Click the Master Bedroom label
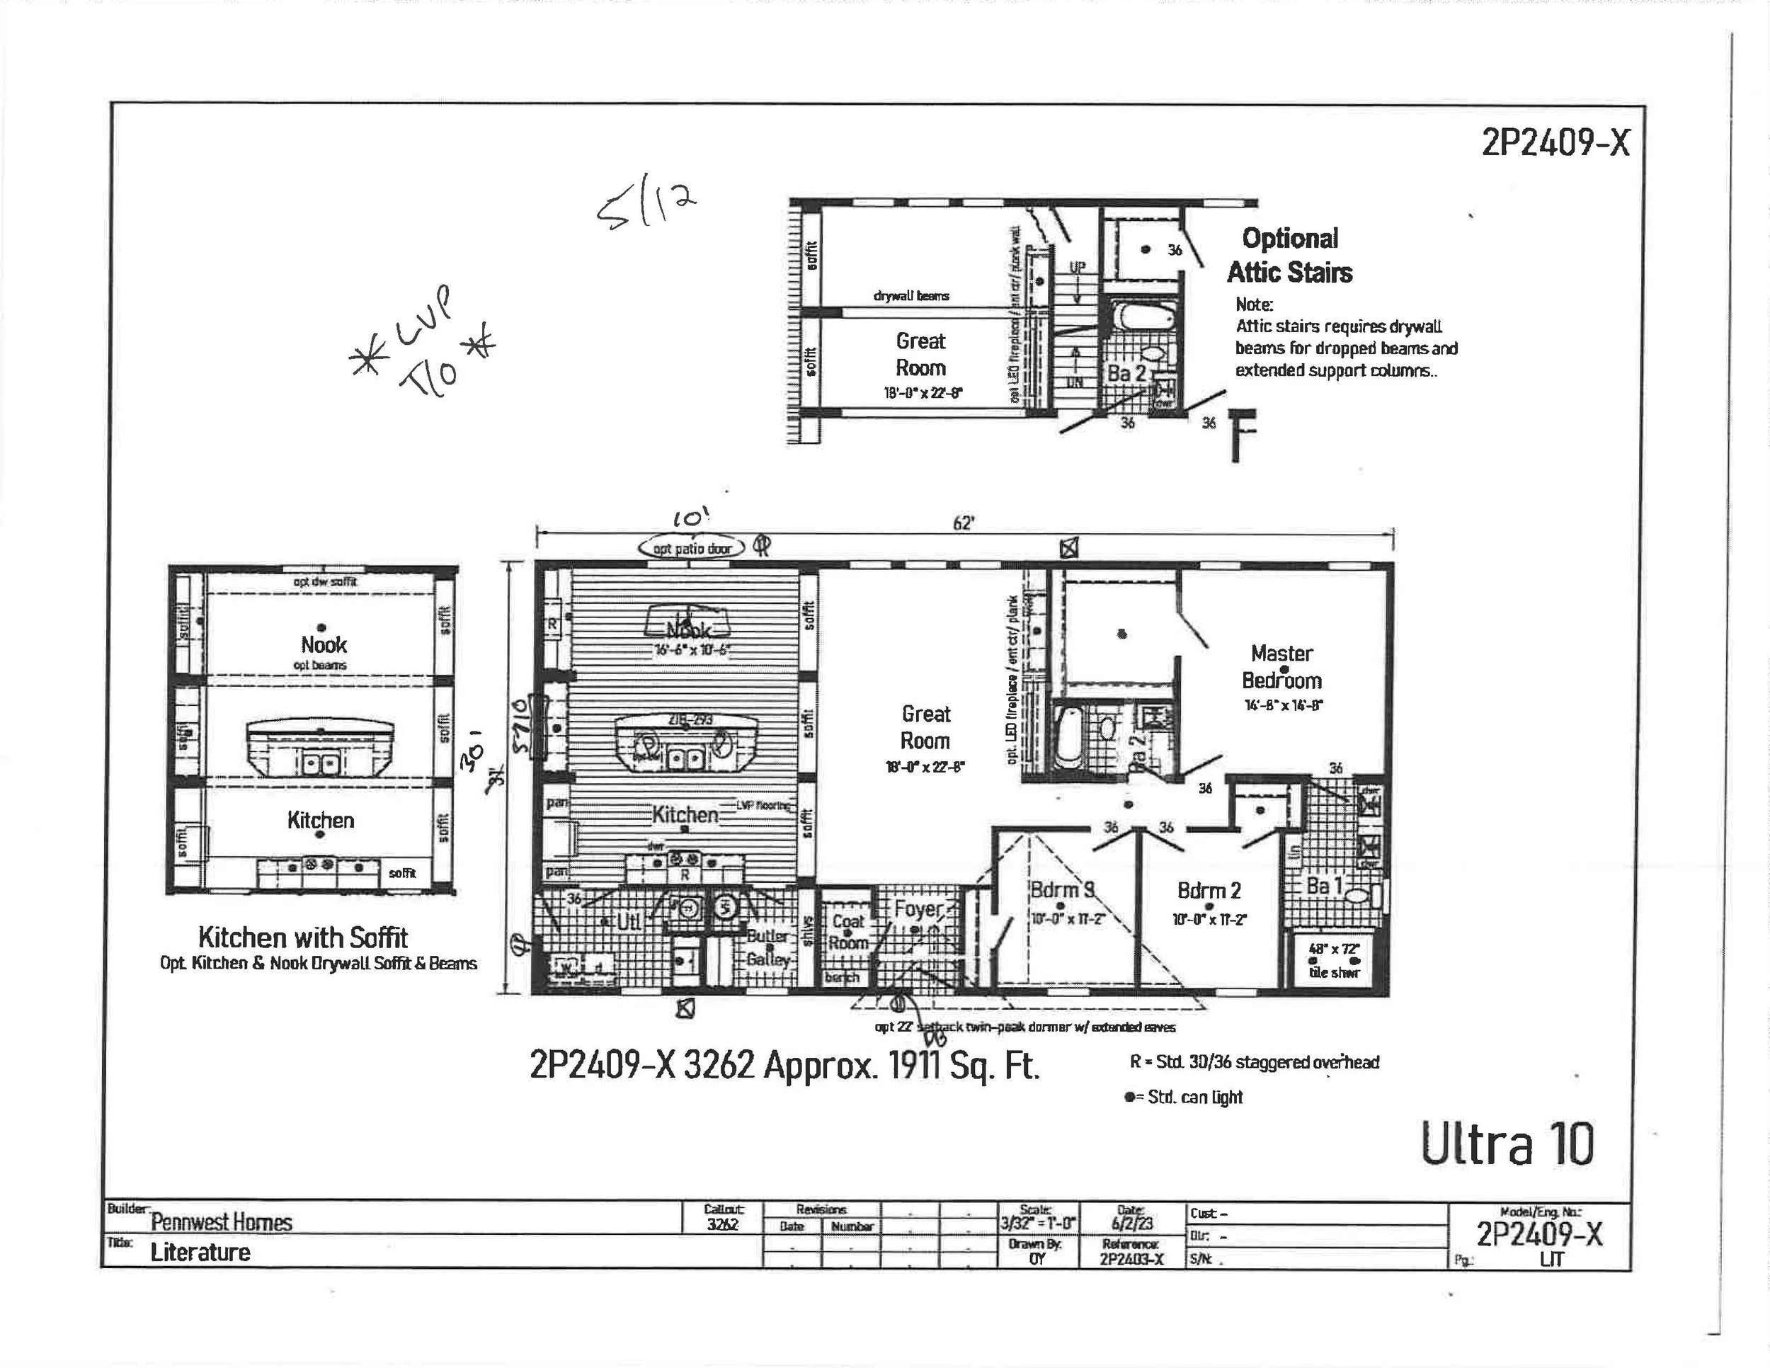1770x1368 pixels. tap(1281, 667)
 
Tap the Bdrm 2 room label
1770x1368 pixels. tap(1209, 891)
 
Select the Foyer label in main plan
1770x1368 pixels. tap(918, 910)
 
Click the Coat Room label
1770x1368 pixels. tap(847, 932)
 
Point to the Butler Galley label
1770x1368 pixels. tap(767, 947)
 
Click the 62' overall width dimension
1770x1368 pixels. tap(963, 523)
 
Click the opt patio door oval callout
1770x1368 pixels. tap(691, 549)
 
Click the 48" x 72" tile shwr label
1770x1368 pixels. tap(1333, 959)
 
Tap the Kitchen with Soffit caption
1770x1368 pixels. tap(303, 937)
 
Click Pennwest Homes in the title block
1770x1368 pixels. tap(221, 1221)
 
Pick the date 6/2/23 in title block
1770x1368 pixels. tap(1132, 1223)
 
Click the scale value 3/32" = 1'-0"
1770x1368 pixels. tap(1037, 1223)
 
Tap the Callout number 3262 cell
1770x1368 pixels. tap(722, 1224)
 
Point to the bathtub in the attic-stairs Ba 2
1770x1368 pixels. tap(1143, 317)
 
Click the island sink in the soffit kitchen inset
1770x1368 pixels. tap(321, 763)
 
